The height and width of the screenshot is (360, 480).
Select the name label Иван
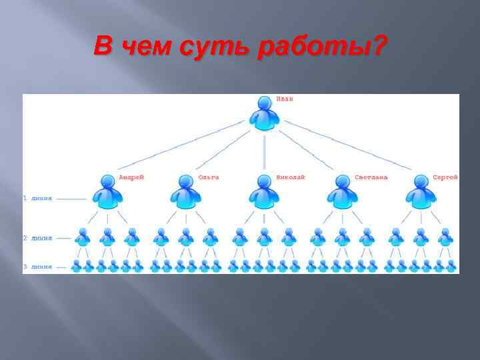285,99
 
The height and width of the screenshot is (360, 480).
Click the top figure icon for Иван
265,113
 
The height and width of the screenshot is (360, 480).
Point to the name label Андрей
131,177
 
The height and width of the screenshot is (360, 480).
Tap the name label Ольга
208,177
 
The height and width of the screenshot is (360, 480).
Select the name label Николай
291,177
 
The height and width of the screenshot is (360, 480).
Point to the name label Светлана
370,177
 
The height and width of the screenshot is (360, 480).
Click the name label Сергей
445,177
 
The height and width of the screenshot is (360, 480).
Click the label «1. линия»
38,199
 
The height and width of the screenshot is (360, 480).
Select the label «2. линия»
38,238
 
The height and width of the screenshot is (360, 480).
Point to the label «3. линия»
38,267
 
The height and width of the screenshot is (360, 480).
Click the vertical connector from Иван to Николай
265,152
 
